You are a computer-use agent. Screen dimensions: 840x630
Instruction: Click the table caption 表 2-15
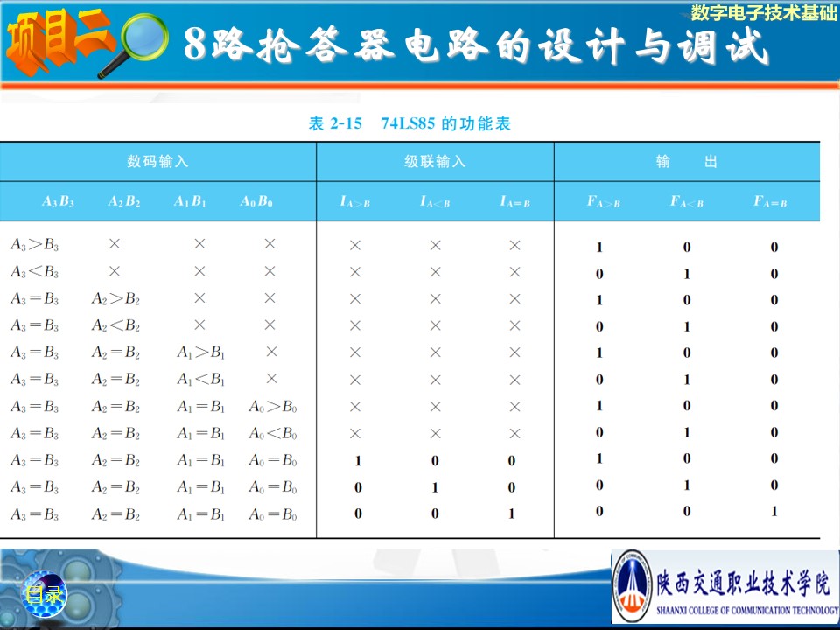335,123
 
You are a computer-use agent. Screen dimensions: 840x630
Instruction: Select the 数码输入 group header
158,161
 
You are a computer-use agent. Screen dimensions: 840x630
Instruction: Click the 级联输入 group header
435,161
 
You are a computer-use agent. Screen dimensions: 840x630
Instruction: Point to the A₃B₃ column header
58,201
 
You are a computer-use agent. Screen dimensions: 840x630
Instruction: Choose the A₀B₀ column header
256,201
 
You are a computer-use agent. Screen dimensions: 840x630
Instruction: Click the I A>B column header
354,202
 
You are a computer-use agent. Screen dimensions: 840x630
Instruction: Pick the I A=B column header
514,202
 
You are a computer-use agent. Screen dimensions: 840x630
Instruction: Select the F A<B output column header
687,202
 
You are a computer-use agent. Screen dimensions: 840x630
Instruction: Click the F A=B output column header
770,202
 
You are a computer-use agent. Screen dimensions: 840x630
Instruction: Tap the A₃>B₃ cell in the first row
34,245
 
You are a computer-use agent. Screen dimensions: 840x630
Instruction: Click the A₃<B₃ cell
34,271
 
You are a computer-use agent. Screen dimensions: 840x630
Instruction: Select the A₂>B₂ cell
115,298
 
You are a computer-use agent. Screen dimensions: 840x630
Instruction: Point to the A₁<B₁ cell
201,379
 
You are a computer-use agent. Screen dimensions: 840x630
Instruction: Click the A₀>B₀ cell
273,407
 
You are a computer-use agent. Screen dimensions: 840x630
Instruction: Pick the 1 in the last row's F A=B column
774,512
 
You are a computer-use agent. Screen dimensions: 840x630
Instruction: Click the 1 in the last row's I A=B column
512,514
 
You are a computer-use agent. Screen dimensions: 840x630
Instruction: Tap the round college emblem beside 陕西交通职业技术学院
632,585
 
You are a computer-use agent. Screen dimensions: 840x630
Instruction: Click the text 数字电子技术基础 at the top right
764,12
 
